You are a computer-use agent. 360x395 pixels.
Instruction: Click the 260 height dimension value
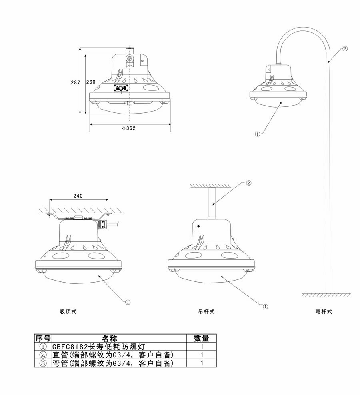(91, 82)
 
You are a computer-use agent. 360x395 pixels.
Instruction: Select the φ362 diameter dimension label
(129, 128)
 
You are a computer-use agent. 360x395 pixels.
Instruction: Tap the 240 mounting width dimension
(78, 196)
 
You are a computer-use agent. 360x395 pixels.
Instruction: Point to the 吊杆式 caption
(206, 312)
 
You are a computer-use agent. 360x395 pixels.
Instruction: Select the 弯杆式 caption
(324, 312)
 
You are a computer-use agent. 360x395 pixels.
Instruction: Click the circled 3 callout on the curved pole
(345, 49)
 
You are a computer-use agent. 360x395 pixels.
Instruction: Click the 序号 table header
(43, 339)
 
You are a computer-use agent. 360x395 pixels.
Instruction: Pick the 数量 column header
(202, 339)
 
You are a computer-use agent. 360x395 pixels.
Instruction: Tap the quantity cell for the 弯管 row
(202, 363)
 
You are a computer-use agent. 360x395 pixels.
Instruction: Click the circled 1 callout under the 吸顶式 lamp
(128, 302)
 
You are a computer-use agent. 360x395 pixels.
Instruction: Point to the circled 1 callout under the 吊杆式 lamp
(265, 306)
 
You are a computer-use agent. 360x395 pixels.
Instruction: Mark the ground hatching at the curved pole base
(326, 295)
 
